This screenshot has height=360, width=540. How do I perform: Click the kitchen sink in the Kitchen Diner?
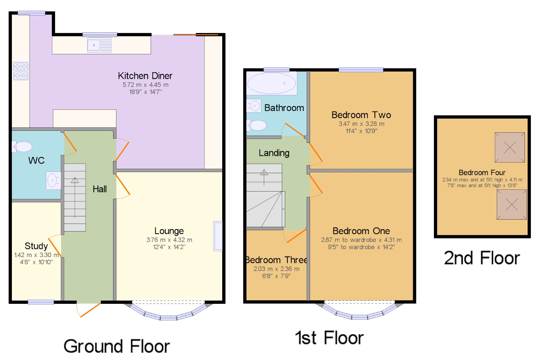[99, 45]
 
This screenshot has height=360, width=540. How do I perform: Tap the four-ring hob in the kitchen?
[21, 71]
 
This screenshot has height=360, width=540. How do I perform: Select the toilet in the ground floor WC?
[22, 147]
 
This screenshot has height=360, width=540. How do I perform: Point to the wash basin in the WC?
[53, 180]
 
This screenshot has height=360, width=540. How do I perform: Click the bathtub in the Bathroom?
[272, 83]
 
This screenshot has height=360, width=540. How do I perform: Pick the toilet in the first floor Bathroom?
[256, 125]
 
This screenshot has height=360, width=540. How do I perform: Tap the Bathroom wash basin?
[254, 106]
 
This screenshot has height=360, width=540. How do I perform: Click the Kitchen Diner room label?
[145, 76]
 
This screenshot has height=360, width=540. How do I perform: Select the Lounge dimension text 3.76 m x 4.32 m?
[169, 240]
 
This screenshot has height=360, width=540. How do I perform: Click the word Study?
[36, 246]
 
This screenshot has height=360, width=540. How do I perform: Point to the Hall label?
[100, 189]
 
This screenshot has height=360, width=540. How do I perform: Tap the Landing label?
[274, 153]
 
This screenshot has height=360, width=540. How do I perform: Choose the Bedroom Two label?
[361, 115]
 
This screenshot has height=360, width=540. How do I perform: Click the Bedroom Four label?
[482, 173]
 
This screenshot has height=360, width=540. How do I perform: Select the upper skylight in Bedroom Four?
[510, 147]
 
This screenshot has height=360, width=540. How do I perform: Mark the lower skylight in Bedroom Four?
[512, 204]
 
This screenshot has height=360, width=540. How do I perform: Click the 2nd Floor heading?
[482, 258]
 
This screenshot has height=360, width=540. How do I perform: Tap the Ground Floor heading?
[117, 346]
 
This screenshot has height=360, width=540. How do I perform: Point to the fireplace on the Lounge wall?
[218, 236]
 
